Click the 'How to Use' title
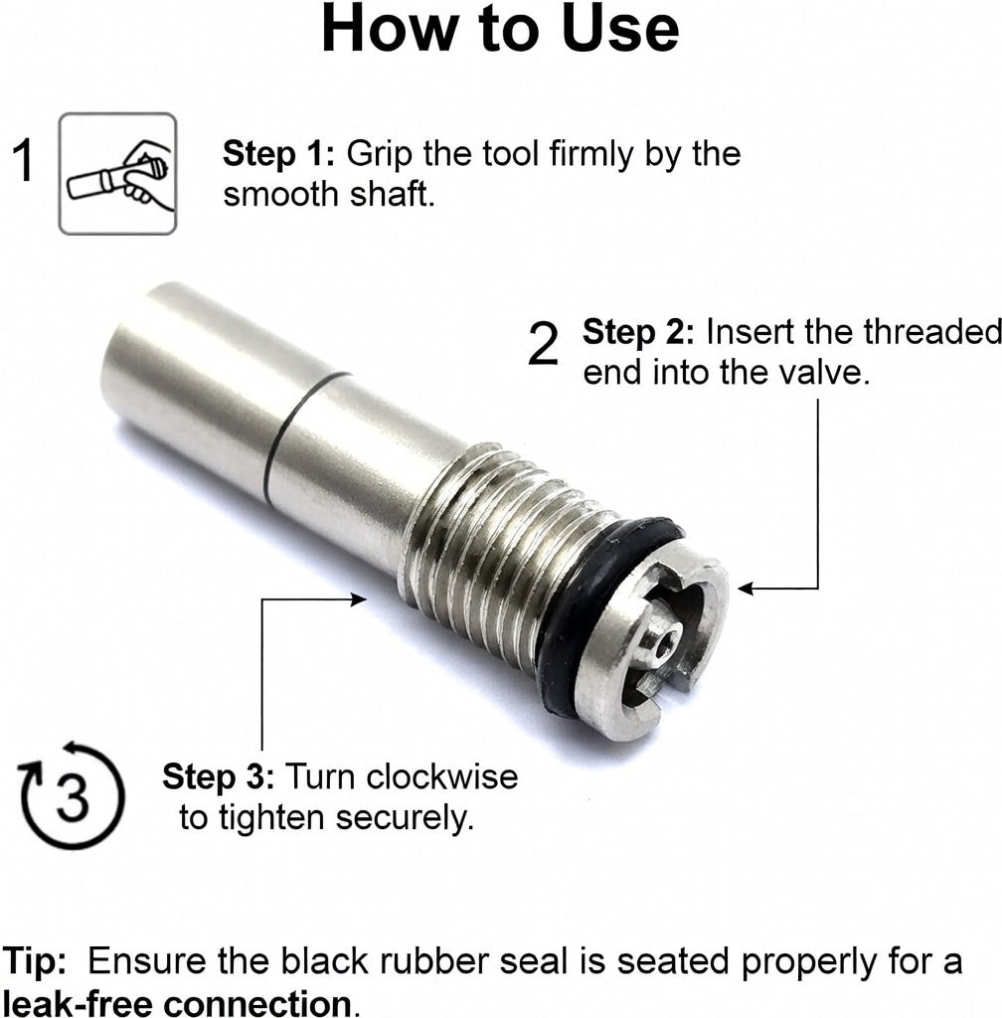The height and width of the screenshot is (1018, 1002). pyautogui.click(x=500, y=29)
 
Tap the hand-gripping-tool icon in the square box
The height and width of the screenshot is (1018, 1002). pyautogui.click(x=117, y=173)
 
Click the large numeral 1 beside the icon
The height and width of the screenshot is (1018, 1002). pyautogui.click(x=24, y=160)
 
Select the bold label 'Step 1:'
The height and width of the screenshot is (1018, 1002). pyautogui.click(x=277, y=154)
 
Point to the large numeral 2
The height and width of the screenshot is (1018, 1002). pyautogui.click(x=543, y=345)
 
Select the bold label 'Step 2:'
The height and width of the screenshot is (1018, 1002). pyautogui.click(x=638, y=332)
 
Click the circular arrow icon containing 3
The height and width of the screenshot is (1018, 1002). pyautogui.click(x=70, y=794)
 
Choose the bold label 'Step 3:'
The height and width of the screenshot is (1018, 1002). pyautogui.click(x=218, y=777)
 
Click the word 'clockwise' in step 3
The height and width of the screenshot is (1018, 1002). pyautogui.click(x=442, y=776)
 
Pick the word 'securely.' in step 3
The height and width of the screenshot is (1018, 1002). pyautogui.click(x=405, y=817)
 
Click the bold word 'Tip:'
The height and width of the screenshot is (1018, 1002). pyautogui.click(x=35, y=960)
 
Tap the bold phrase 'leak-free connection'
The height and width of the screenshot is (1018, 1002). pyautogui.click(x=178, y=1002)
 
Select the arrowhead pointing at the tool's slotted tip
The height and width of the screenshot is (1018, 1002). pyautogui.click(x=745, y=589)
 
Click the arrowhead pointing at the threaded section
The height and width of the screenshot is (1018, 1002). pyautogui.click(x=359, y=599)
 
